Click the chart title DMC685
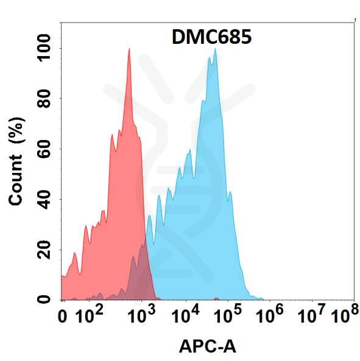(208, 37)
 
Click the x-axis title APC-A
(207, 346)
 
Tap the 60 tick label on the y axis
(44, 149)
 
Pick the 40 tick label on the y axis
(44, 199)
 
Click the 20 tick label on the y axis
(44, 250)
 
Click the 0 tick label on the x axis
(62, 317)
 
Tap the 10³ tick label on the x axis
(141, 316)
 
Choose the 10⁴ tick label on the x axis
(185, 316)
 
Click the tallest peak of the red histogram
(129, 51)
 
